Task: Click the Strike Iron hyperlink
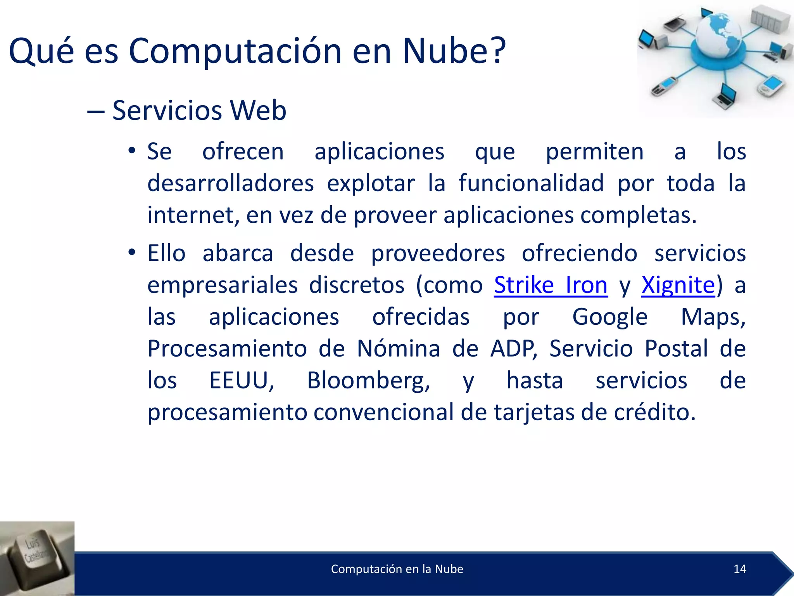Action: (551, 286)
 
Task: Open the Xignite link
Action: (678, 286)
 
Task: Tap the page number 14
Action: (740, 569)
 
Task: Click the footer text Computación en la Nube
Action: (397, 569)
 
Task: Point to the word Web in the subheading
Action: (258, 111)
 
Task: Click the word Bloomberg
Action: (368, 381)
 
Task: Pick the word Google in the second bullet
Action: (610, 317)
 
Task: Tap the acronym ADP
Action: (513, 348)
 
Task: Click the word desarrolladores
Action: (231, 184)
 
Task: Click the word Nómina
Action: (398, 348)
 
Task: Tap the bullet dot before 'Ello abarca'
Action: (132, 253)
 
